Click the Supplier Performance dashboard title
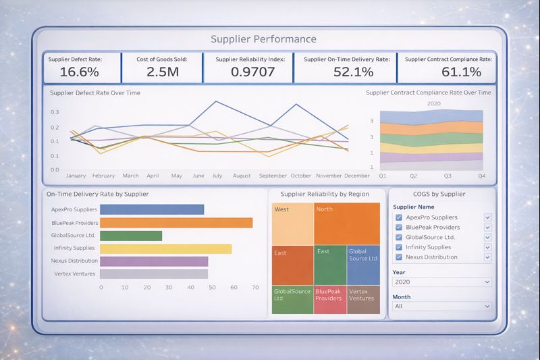[263, 39]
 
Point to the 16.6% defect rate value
[79, 72]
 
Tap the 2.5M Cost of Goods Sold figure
[163, 72]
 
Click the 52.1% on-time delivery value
[343, 72]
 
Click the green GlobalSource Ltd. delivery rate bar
[131, 235]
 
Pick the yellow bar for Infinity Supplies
[165, 248]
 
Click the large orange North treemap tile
[347, 224]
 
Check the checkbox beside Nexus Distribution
[399, 257]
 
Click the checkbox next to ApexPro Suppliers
[399, 217]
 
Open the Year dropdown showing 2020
[441, 282]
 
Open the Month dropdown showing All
[441, 306]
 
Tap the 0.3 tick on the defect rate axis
[55, 112]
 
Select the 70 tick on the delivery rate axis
[255, 287]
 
